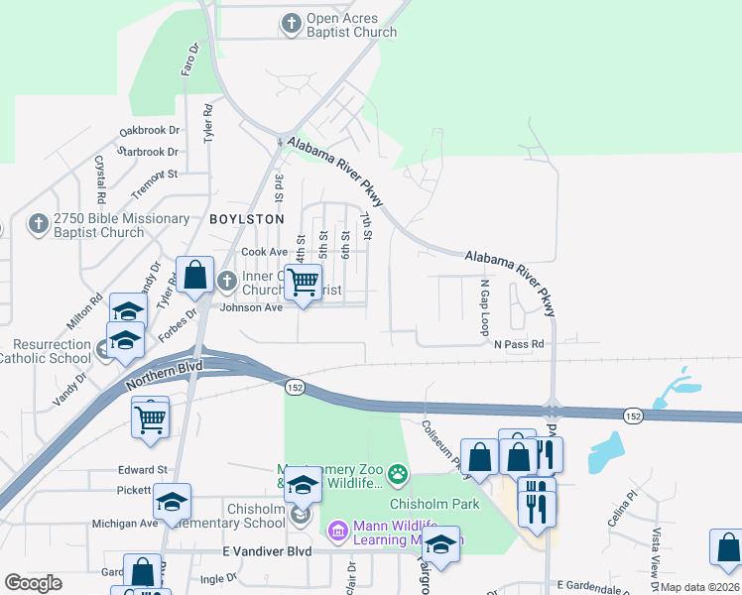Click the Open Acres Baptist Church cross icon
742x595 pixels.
click(292, 22)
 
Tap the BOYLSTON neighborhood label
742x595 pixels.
click(246, 218)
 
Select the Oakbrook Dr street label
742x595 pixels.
click(149, 130)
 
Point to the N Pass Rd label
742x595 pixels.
click(520, 344)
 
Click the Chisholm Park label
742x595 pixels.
click(434, 504)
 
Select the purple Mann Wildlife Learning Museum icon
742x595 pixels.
click(337, 532)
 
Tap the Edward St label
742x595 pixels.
click(143, 470)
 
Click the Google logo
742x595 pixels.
click(33, 583)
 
